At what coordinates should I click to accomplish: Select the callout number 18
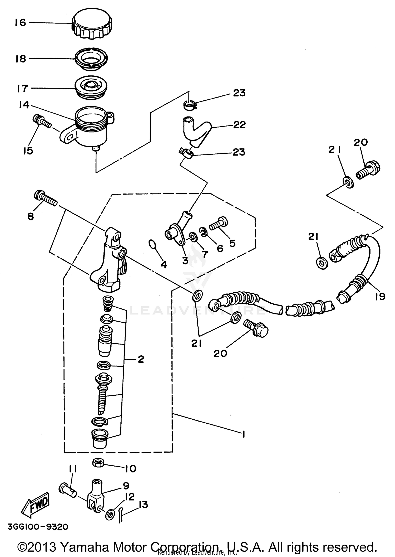pyautogui.click(x=21, y=59)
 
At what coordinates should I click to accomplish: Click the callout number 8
pyautogui.click(x=31, y=217)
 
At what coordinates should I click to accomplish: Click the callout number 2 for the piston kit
pyautogui.click(x=141, y=359)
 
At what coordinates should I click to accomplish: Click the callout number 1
pyautogui.click(x=243, y=434)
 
